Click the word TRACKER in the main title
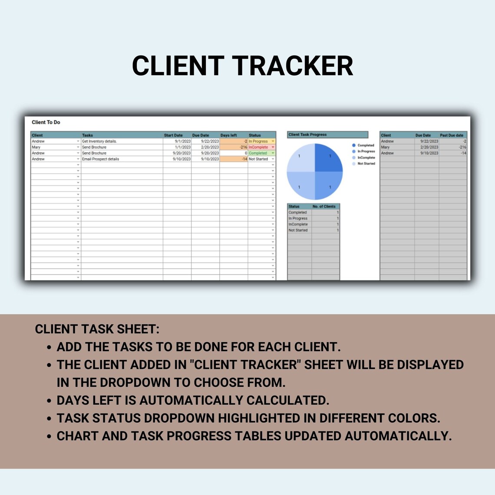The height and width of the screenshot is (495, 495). [x=293, y=66]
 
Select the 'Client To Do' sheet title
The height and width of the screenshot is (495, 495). [x=46, y=122]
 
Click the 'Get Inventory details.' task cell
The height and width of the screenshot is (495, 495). [x=99, y=141]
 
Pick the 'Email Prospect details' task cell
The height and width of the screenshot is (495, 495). [x=100, y=159]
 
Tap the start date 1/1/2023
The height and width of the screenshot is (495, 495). [x=182, y=147]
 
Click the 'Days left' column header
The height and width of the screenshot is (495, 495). [x=228, y=135]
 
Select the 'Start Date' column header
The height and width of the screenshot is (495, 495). [x=173, y=135]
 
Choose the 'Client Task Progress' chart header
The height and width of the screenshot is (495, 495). [x=307, y=135]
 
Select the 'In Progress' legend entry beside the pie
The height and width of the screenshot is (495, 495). [x=366, y=151]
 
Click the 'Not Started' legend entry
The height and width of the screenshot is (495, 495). [x=366, y=163]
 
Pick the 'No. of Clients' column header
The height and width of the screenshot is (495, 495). [x=324, y=206]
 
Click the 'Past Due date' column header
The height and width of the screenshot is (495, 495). [x=452, y=135]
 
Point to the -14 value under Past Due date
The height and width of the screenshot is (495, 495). [x=463, y=153]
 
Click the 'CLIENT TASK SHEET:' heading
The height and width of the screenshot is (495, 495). [x=97, y=329]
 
